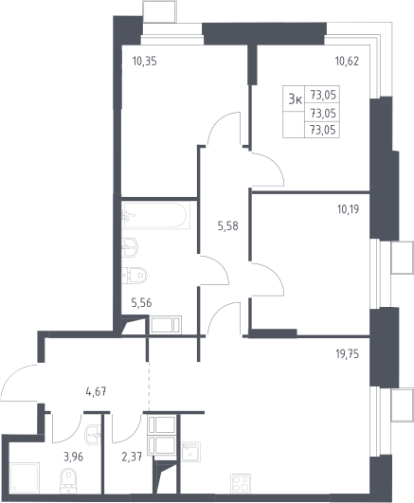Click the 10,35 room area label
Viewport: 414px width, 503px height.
click(x=145, y=61)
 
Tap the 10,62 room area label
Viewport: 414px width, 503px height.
click(x=347, y=61)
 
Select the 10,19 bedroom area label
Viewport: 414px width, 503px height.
click(x=348, y=209)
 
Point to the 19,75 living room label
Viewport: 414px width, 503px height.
click(x=348, y=354)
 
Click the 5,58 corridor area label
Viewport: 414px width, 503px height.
click(x=228, y=226)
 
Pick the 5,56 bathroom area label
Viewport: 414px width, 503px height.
click(x=141, y=302)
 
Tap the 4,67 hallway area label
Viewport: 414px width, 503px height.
click(x=96, y=391)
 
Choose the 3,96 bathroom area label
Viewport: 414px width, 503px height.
click(x=74, y=457)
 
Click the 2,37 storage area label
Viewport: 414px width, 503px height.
click(x=132, y=457)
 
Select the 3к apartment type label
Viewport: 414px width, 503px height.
click(x=296, y=99)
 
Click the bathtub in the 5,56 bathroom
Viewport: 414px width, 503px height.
click(x=155, y=215)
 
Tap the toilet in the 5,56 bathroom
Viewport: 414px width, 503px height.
click(x=135, y=276)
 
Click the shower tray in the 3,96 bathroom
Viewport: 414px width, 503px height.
click(x=24, y=477)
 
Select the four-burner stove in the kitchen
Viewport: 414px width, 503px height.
click(x=241, y=483)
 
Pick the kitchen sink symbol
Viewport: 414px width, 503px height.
click(x=191, y=452)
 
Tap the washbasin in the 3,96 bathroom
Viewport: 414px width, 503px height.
click(x=93, y=436)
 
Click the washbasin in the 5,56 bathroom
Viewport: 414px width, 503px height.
click(x=130, y=247)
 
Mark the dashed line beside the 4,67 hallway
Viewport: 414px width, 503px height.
click(x=149, y=386)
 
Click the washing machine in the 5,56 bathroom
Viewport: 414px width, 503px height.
click(x=166, y=325)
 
